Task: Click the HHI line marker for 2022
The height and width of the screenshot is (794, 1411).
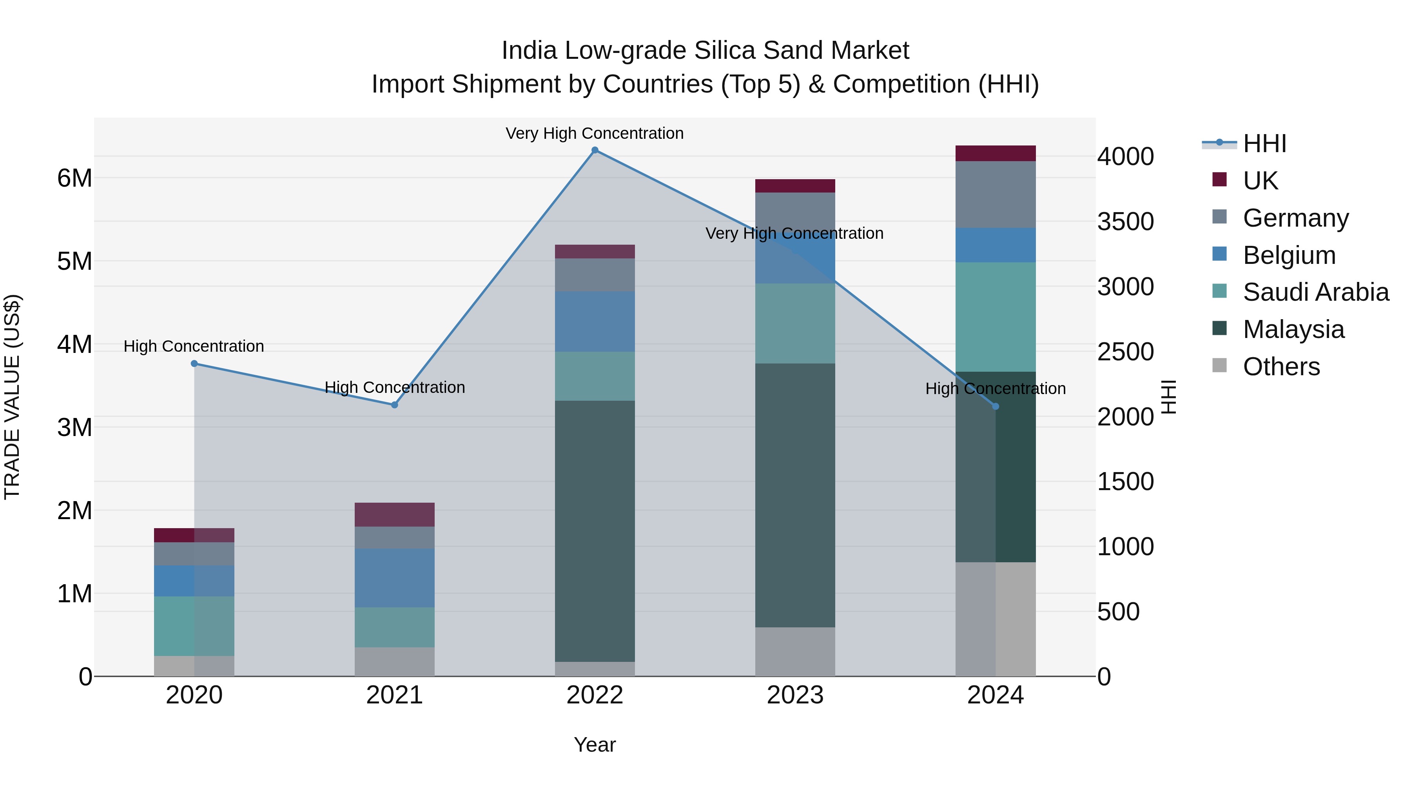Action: pos(595,150)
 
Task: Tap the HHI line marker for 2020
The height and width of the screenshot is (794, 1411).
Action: pos(194,363)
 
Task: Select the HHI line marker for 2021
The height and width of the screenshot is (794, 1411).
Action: pos(394,405)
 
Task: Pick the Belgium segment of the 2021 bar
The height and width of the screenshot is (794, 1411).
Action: pos(394,578)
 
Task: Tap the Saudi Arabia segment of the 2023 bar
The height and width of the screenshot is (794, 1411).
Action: pos(795,323)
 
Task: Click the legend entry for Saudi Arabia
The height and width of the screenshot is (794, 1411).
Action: pos(1315,292)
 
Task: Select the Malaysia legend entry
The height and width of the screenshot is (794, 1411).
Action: pos(1293,329)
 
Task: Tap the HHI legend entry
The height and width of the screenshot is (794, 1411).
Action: pos(1264,144)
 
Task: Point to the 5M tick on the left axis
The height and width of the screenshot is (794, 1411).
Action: pos(74,262)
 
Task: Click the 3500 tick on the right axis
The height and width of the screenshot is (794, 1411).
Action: pos(1125,222)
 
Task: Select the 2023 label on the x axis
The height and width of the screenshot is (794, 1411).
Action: pos(795,695)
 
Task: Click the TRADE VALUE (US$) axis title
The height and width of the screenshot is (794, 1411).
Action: pos(12,397)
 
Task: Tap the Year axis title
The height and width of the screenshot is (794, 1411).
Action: pos(595,745)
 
